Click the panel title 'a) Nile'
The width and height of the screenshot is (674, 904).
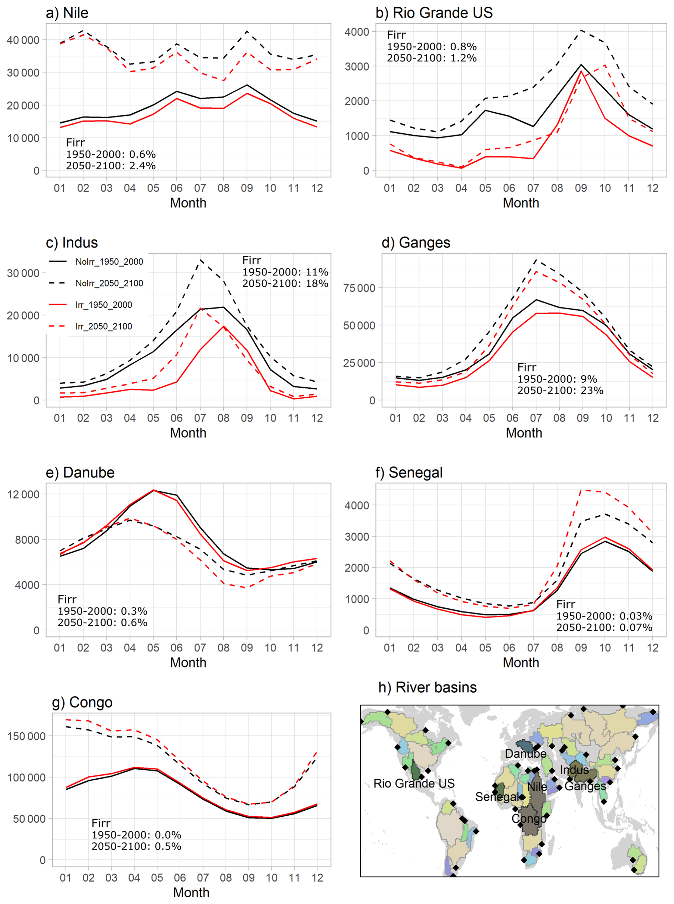point(67,13)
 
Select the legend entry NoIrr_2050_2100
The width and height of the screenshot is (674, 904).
point(109,283)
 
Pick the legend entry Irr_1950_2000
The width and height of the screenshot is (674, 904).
point(104,305)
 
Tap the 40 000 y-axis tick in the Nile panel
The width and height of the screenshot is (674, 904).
point(23,40)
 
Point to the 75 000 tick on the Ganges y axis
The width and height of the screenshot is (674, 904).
point(359,288)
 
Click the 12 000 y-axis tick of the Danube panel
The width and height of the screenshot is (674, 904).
point(23,494)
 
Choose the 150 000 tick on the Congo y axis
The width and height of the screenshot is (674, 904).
point(26,736)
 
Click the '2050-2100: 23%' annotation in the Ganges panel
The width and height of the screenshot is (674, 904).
point(560,391)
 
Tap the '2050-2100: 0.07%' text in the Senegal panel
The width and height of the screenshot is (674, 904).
point(604,627)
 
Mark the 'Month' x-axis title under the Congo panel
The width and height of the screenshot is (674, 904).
point(191,893)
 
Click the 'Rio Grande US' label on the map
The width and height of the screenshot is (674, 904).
point(414,784)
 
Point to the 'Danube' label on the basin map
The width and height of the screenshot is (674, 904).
point(525,754)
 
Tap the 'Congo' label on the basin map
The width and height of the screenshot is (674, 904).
point(529,819)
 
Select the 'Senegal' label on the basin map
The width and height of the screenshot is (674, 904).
point(497,797)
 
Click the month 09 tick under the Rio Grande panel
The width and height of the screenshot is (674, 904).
point(581,188)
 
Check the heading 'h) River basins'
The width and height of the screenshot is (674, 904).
point(427,688)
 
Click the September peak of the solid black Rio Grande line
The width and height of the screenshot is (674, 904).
point(581,64)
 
